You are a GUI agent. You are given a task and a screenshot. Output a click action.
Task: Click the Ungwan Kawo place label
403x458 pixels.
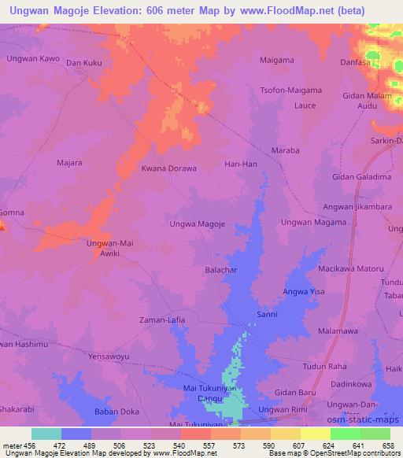coord(32,59)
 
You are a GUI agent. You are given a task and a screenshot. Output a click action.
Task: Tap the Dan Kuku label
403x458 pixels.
coord(85,62)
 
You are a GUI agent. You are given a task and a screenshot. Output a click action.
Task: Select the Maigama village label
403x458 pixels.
coord(277,59)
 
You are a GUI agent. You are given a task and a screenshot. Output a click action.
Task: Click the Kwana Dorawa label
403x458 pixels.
coord(168,168)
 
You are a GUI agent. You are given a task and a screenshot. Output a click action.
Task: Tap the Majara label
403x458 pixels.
coord(71,164)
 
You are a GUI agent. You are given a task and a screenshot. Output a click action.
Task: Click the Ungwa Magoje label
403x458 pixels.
coord(198,224)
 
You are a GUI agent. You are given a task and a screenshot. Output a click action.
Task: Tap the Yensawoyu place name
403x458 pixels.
coord(109,355)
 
